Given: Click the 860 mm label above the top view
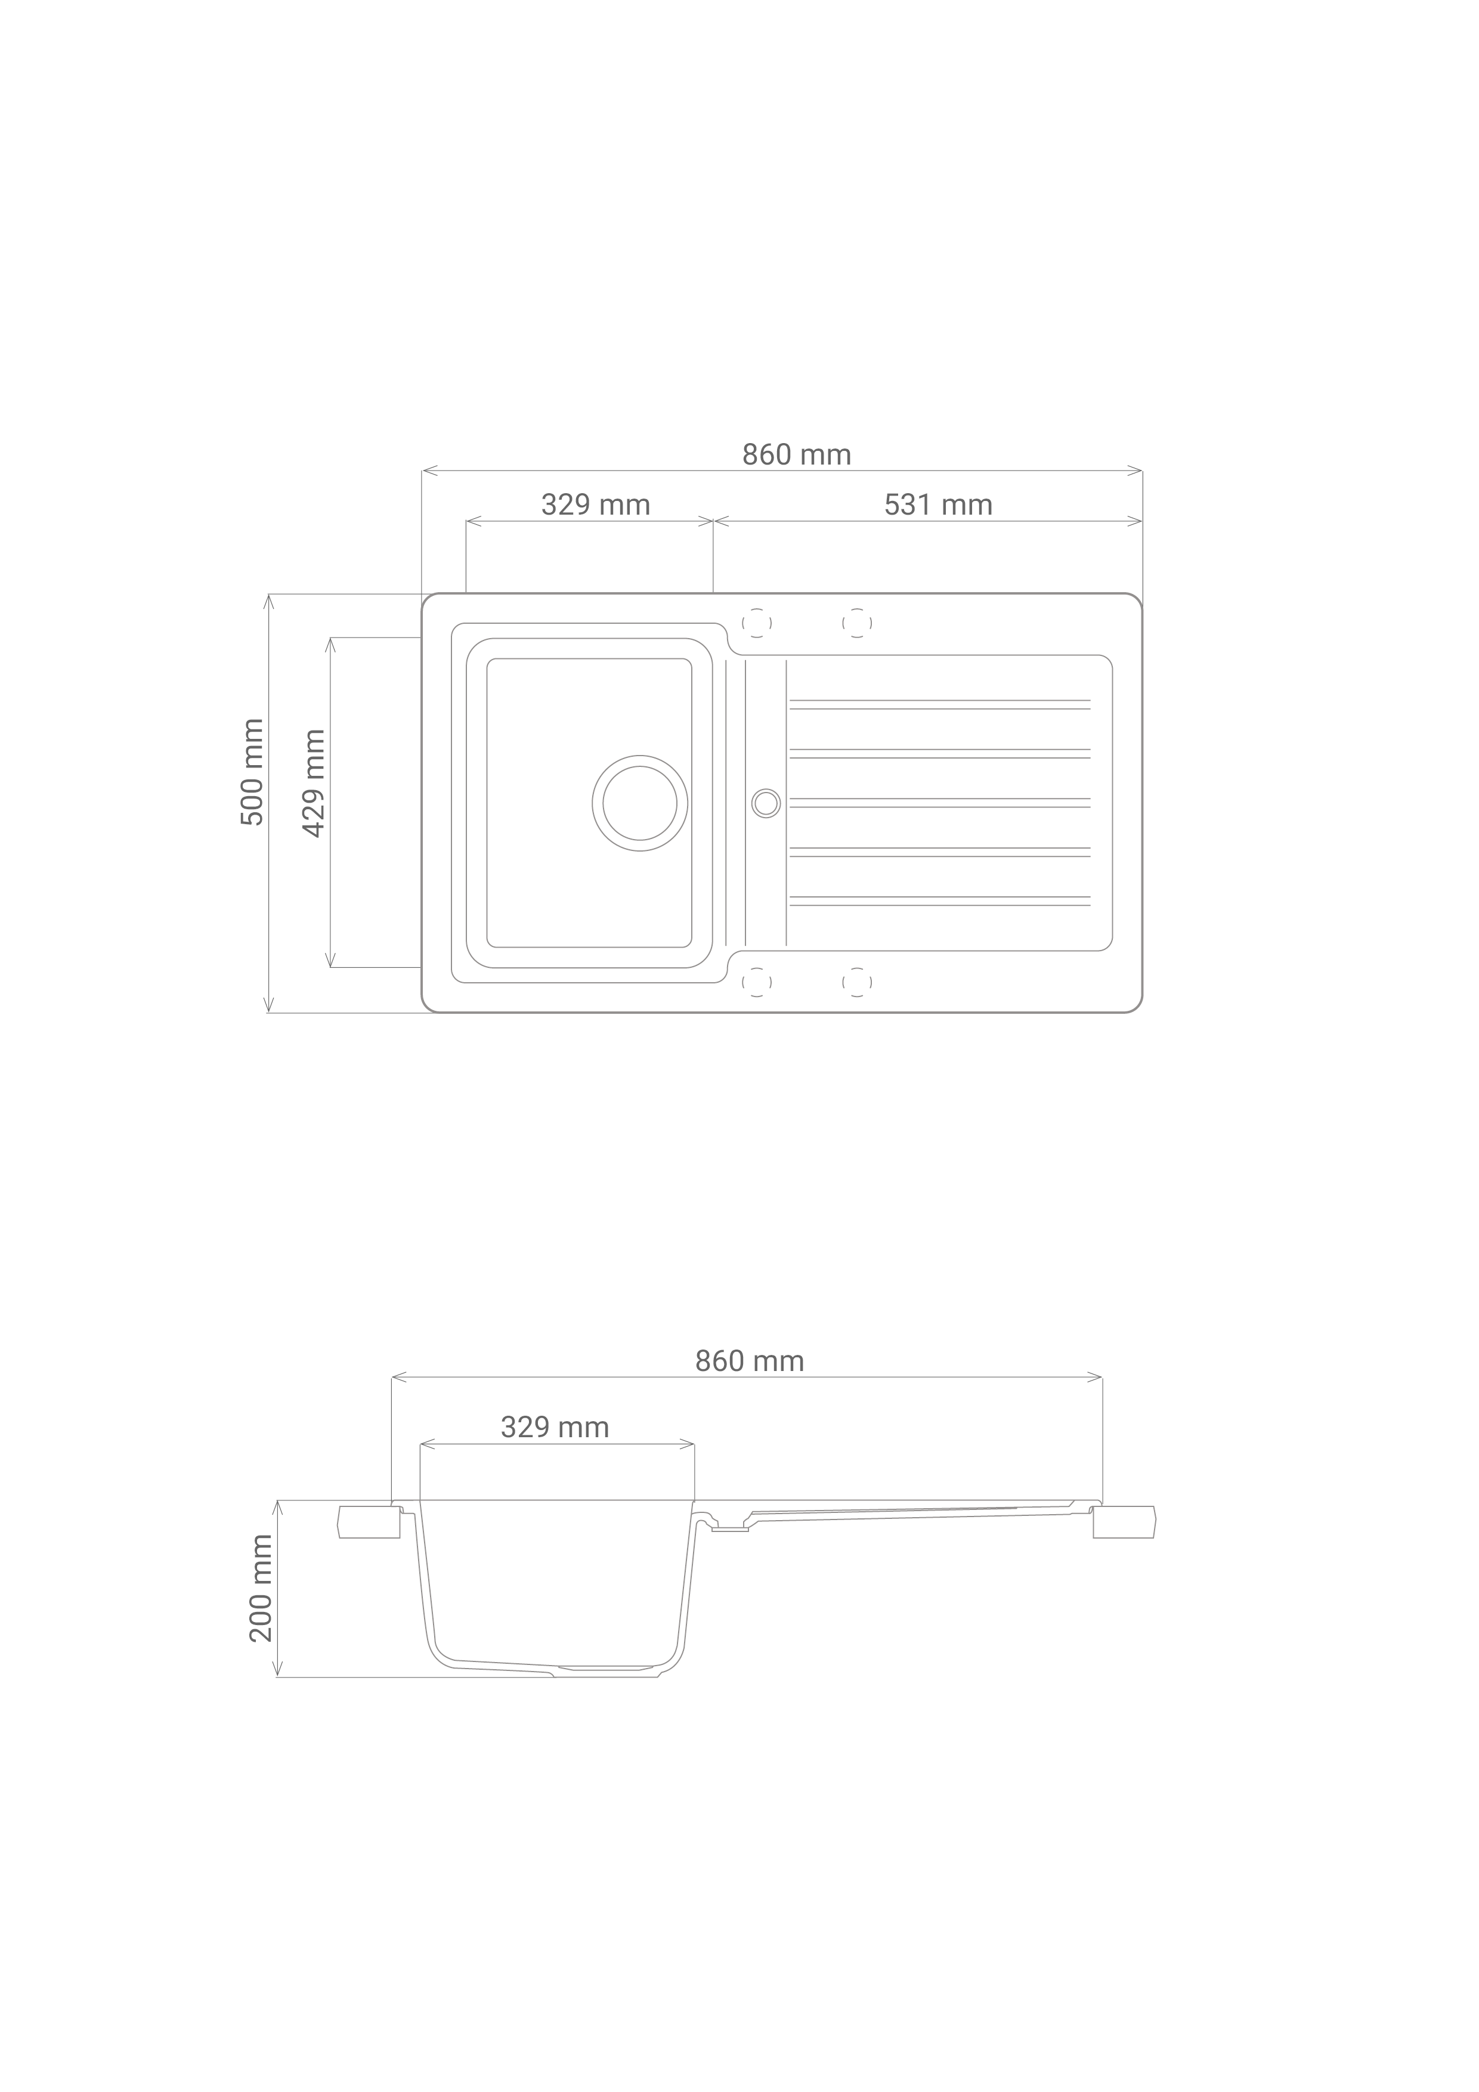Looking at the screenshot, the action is click(797, 454).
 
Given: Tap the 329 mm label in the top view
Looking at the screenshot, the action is click(596, 505).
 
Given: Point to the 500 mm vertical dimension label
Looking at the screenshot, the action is click(252, 773).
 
